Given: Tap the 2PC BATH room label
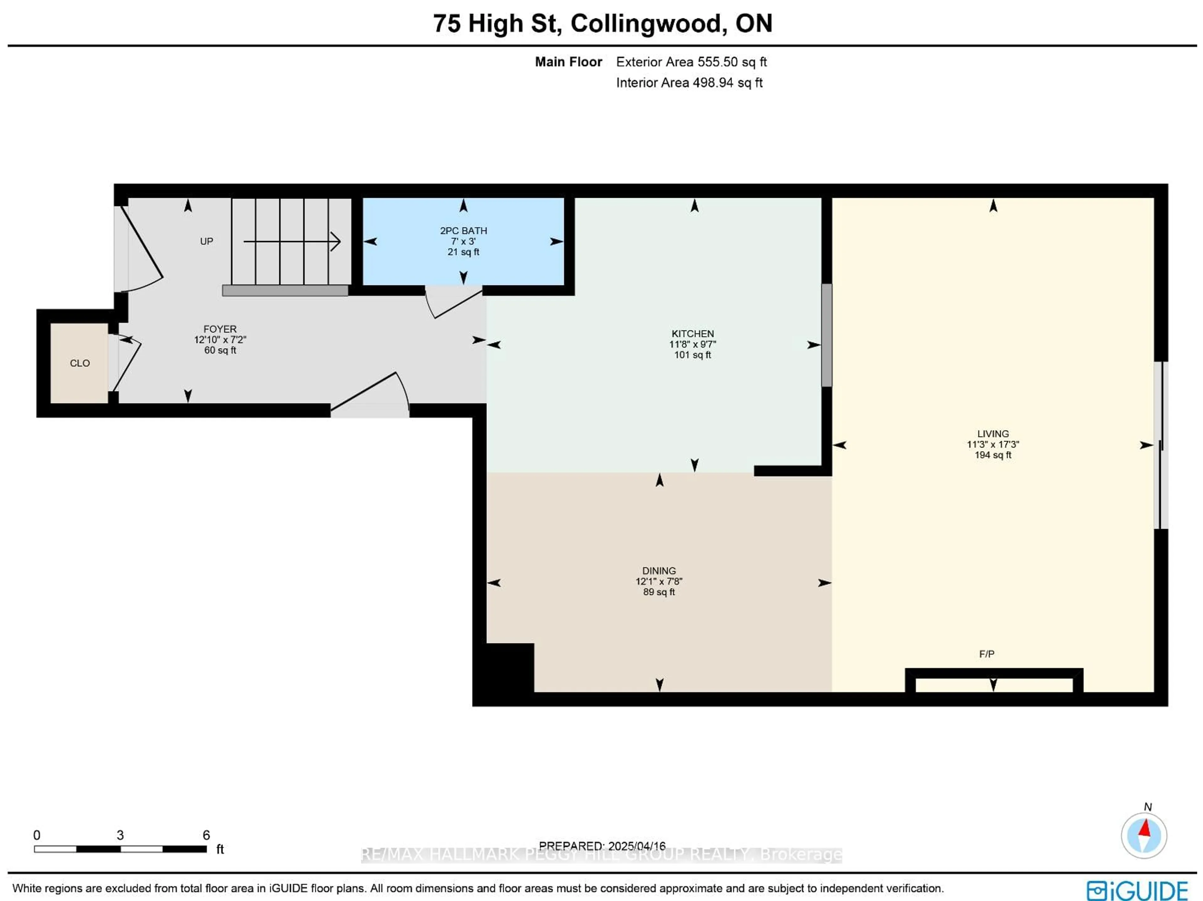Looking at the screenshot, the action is pyautogui.click(x=463, y=231).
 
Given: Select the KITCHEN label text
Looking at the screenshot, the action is pyautogui.click(x=692, y=333).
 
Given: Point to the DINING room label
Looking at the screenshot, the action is pyautogui.click(x=659, y=571).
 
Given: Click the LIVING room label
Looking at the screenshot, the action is pyautogui.click(x=992, y=434).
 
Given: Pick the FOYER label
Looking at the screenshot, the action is pyautogui.click(x=220, y=329).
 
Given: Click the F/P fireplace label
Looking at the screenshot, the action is pyautogui.click(x=987, y=654).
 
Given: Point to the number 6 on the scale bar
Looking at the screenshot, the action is pyautogui.click(x=206, y=835).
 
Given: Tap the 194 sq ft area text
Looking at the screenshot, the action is pyautogui.click(x=992, y=455).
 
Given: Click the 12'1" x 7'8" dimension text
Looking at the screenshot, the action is pyautogui.click(x=659, y=581).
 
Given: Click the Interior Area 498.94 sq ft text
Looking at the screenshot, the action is pyautogui.click(x=689, y=83).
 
